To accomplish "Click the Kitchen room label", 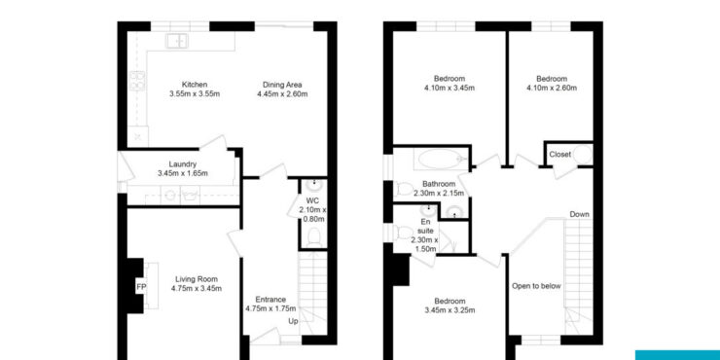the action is (x=195, y=85).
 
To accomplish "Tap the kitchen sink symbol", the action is (x=177, y=41).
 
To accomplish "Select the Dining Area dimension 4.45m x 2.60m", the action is (x=282, y=94).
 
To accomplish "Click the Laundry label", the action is (x=183, y=163).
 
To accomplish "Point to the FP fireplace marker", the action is (x=140, y=287).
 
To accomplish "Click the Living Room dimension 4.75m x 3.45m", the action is (x=197, y=288).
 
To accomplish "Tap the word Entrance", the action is (x=270, y=300).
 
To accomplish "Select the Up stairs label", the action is (x=293, y=321).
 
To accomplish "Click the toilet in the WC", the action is (x=314, y=237).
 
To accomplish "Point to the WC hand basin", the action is (x=314, y=185).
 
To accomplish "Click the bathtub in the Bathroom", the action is (x=441, y=159).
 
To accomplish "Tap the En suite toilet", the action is (x=402, y=233).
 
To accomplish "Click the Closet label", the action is (x=560, y=155).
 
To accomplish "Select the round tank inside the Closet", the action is (x=582, y=155).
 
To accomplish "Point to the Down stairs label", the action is (x=579, y=214).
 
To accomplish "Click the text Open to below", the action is (x=536, y=286).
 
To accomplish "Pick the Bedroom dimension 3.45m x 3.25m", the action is (x=450, y=310).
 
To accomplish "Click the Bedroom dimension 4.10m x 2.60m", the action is (x=552, y=88).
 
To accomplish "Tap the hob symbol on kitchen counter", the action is (x=137, y=81).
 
